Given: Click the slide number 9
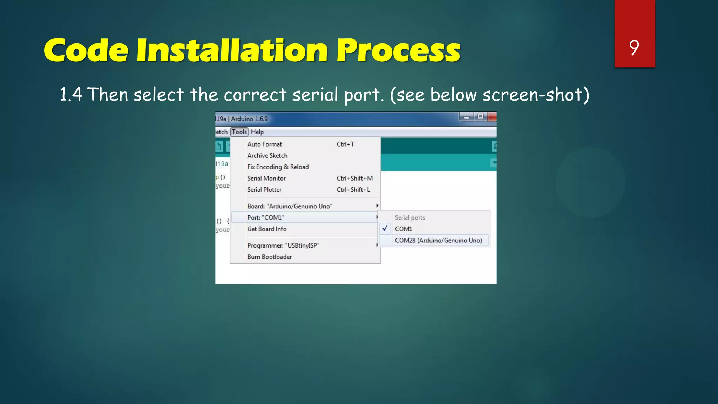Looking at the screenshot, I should click(x=634, y=48).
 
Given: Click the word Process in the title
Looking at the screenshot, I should click(x=398, y=51).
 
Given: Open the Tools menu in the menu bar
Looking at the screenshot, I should click(x=239, y=132).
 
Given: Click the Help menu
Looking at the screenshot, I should click(x=257, y=132).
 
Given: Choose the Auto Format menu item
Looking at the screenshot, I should click(x=264, y=144).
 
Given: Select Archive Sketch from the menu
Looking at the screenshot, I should click(x=267, y=155).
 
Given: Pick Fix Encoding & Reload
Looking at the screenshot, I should click(x=278, y=167).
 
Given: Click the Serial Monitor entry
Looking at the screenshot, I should click(x=266, y=178).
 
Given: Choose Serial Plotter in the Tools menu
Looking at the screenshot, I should click(x=264, y=190).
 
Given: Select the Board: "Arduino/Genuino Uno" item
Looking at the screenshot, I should click(x=290, y=206).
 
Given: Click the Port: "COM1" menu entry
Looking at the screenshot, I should click(x=266, y=217).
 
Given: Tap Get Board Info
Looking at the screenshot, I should click(x=267, y=229).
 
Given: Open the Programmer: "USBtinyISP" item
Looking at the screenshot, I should click(x=283, y=245).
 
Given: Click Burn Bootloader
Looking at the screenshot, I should click(x=269, y=257).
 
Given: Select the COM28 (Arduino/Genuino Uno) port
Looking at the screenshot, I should click(x=438, y=240).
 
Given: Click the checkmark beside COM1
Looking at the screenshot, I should click(x=385, y=229).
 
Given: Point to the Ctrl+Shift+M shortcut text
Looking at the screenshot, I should click(x=354, y=178).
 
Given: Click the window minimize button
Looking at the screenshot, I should click(x=467, y=117).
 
